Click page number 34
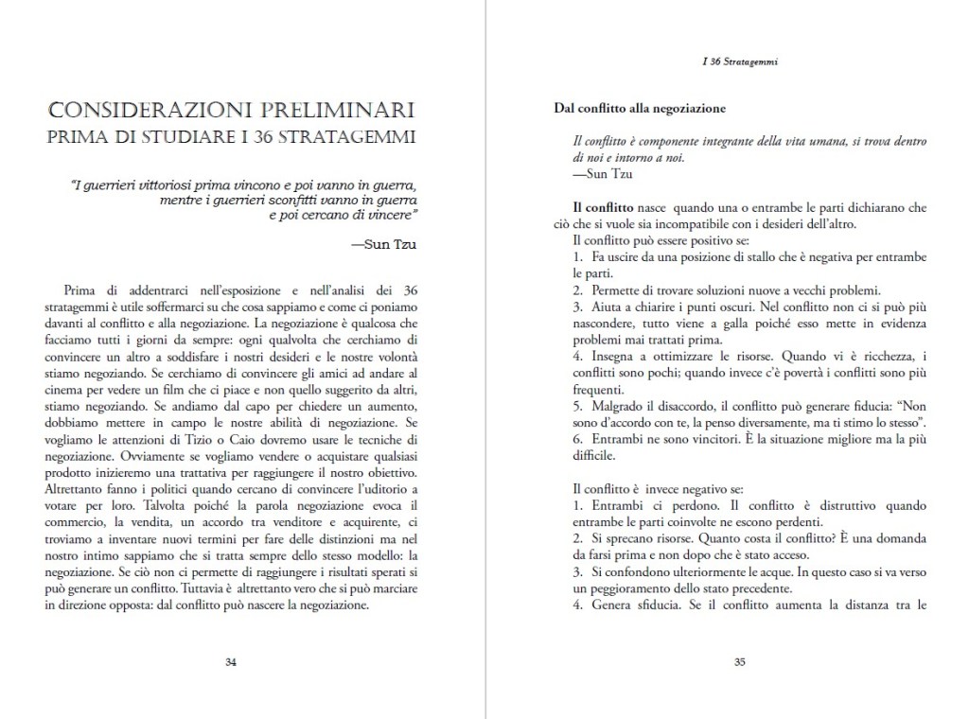[x=231, y=661]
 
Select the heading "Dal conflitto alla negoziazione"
[x=640, y=108]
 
